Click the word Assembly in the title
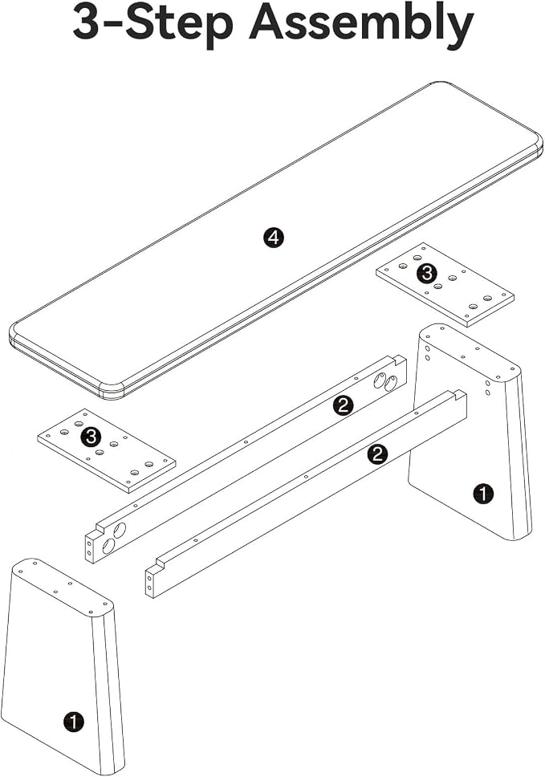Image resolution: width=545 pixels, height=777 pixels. tap(361, 25)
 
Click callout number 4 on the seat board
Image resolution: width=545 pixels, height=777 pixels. tap(274, 238)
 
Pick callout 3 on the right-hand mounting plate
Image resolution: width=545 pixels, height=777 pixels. tap(427, 273)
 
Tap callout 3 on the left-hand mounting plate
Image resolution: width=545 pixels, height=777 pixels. tap(91, 437)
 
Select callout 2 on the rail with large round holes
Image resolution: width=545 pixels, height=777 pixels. tap(343, 406)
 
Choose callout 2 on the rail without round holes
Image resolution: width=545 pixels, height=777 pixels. tap(377, 454)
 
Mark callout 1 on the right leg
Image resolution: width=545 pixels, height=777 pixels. tap(483, 494)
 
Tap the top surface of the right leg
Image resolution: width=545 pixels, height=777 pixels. tap(468, 350)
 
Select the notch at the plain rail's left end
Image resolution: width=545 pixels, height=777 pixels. tap(160, 564)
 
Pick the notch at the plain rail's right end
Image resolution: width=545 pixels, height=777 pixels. tap(458, 395)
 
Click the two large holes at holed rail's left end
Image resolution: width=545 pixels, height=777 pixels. tap(114, 539)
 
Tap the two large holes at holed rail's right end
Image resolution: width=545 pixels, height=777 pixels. tap(385, 380)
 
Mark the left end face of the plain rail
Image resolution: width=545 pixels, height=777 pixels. tap(151, 583)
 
